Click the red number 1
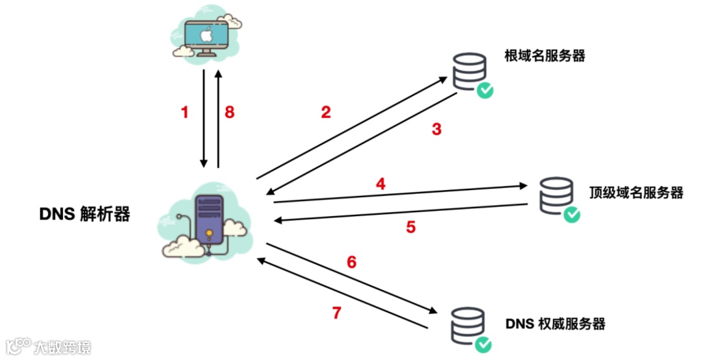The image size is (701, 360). (184, 112)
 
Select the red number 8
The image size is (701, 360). (229, 112)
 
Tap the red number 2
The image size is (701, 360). (326, 112)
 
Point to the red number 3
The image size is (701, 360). (437, 129)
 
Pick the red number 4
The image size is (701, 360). (380, 184)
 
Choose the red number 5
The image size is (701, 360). (411, 228)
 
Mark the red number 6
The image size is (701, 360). (352, 262)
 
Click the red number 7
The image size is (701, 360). (336, 313)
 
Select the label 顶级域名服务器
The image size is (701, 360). (636, 193)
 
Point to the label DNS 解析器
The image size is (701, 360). (84, 214)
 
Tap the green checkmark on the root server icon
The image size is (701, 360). (484, 90)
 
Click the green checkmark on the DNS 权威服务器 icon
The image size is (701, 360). (481, 344)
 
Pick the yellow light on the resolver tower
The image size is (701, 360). (209, 232)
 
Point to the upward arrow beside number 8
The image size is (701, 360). (219, 117)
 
